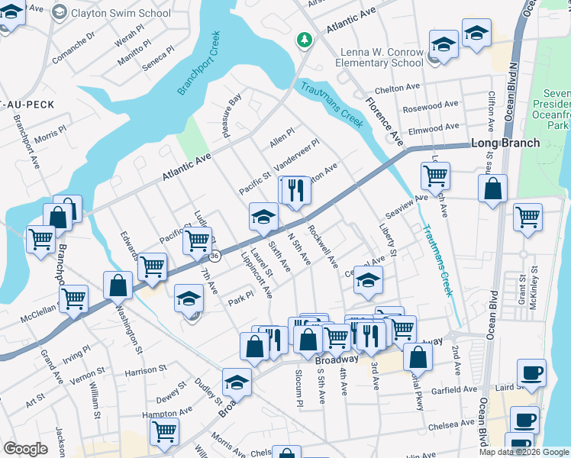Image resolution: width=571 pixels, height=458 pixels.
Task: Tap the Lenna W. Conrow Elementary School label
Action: pyautogui.click(x=381, y=56)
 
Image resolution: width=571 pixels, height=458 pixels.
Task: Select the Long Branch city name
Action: pyautogui.click(x=505, y=143)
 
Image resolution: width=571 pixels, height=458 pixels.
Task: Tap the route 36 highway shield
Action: pyautogui.click(x=216, y=256)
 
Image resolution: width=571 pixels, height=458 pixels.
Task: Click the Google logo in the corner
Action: pyautogui.click(x=24, y=449)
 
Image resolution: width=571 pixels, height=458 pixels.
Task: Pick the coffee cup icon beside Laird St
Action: pyautogui.click(x=531, y=373)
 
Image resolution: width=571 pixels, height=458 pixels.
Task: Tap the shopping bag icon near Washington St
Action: pyautogui.click(x=119, y=285)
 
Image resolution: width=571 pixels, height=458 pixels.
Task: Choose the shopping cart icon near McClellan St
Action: pyautogui.click(x=73, y=298)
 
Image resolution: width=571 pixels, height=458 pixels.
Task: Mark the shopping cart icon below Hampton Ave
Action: pyautogui.click(x=164, y=431)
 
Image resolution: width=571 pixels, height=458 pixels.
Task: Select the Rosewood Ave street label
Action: pyautogui.click(x=435, y=105)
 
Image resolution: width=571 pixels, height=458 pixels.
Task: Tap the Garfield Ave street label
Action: pyautogui.click(x=455, y=389)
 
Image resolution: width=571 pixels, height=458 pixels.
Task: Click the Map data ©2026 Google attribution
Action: pyautogui.click(x=524, y=452)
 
